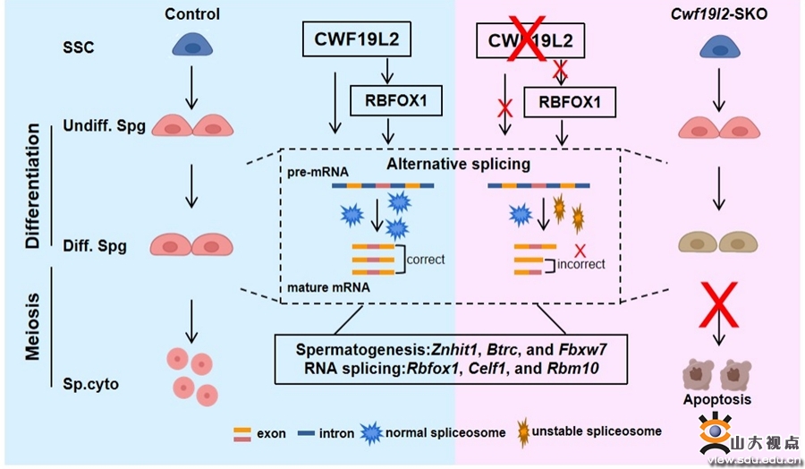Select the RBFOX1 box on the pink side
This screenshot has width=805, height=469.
click(x=569, y=103)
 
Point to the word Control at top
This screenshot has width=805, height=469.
click(x=192, y=13)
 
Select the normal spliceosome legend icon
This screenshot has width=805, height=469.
click(x=370, y=433)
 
